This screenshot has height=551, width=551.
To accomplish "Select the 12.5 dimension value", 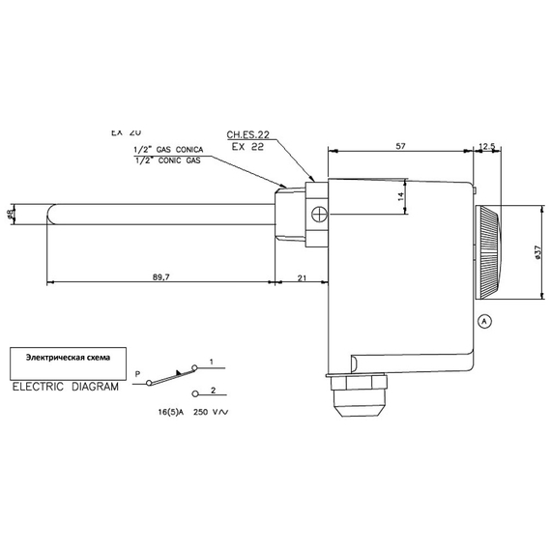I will coord(486,146).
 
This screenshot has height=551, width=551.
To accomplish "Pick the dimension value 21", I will coord(302,276).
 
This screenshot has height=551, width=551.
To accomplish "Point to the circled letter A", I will coord(484,320).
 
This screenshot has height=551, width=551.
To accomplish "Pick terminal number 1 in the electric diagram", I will coord(211,362).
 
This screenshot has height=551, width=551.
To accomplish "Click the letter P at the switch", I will coord(137,372).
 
